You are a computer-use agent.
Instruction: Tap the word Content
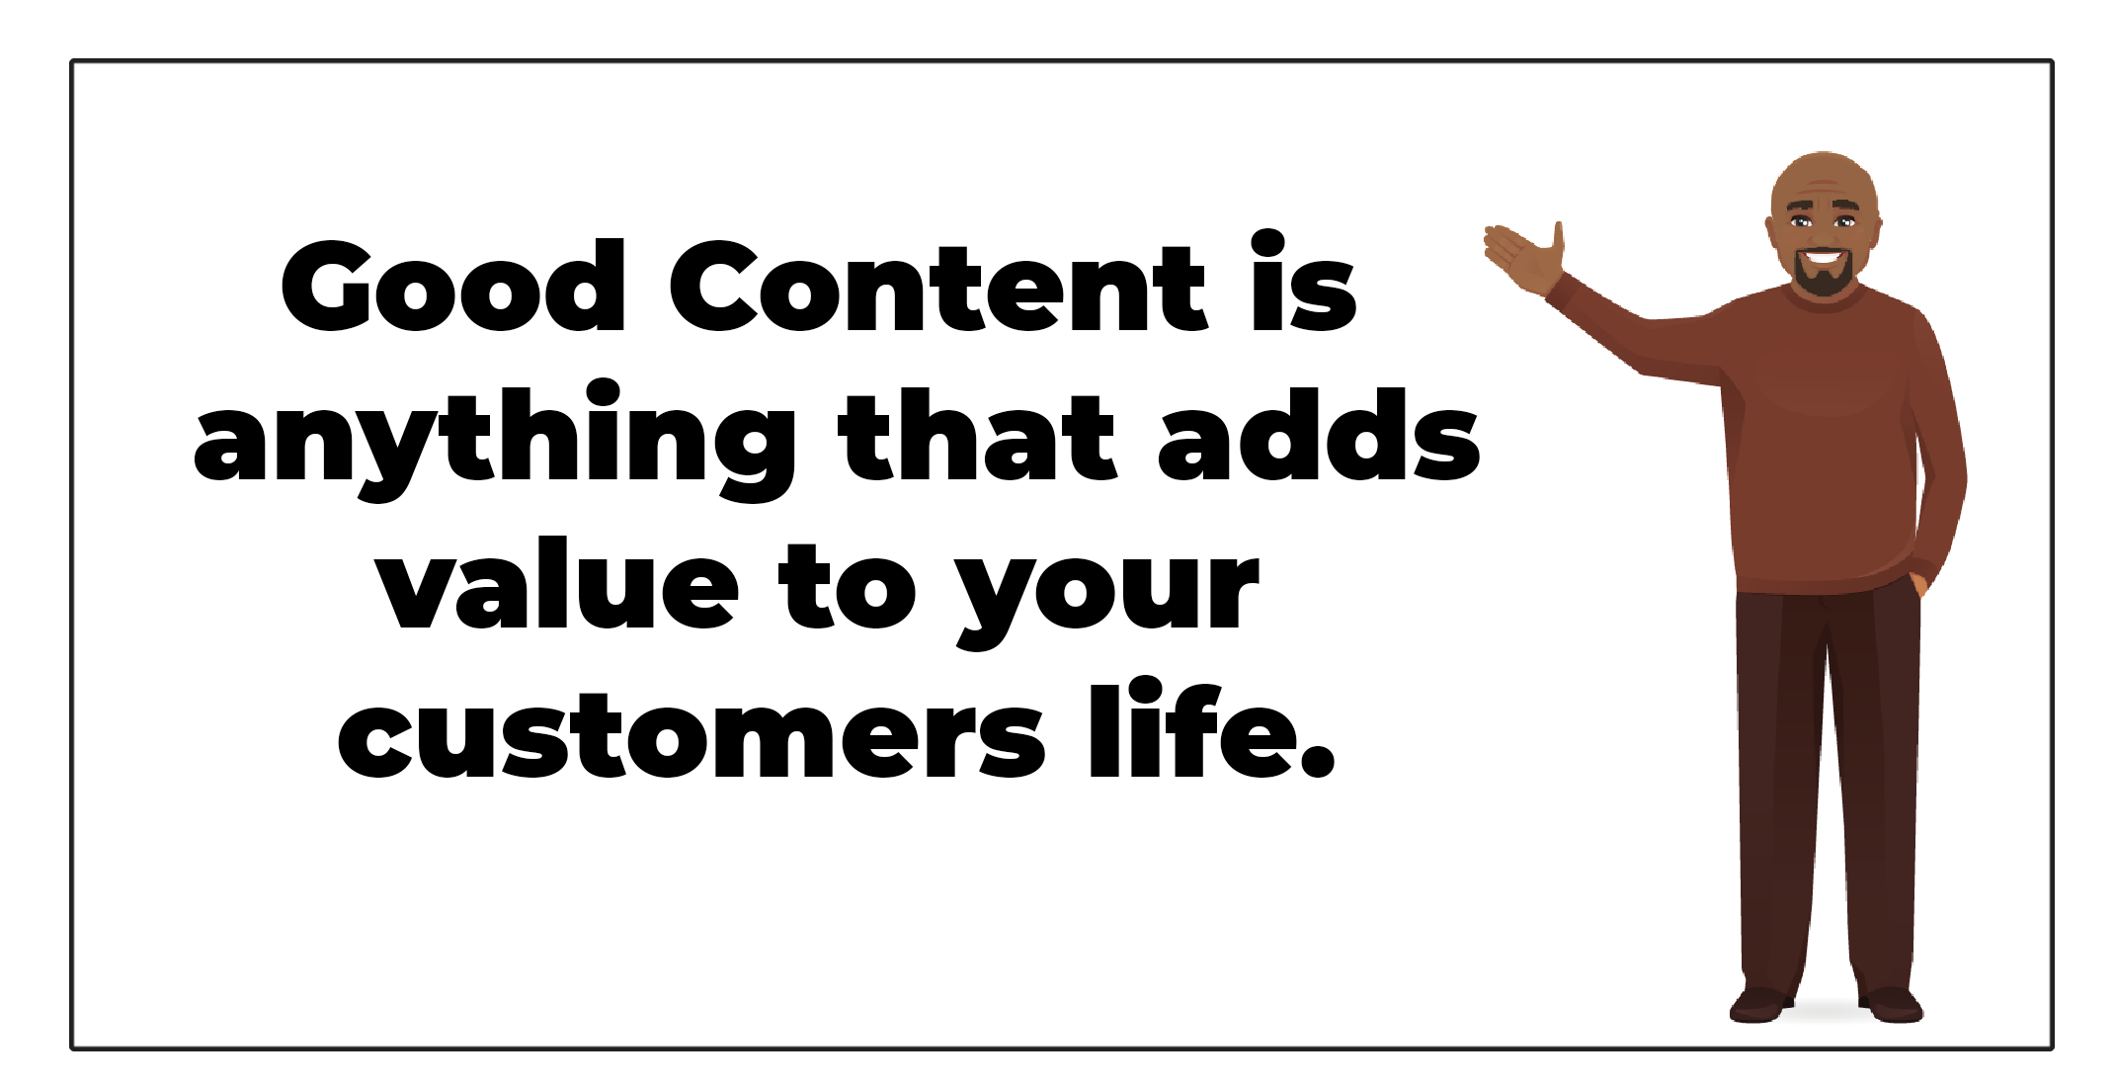pos(937,287)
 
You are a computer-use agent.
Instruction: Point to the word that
pos(978,435)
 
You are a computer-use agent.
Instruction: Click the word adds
pos(1319,435)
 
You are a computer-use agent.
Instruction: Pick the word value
pos(558,584)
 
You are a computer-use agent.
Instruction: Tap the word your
pos(1108,598)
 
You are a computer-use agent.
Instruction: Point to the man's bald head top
pos(1825,176)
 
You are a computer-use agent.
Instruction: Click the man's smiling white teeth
pos(1823,258)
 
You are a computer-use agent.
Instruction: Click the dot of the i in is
pos(1267,243)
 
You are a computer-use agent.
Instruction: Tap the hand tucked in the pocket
pos(1918,584)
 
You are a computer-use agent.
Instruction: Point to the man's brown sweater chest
pos(1823,395)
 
